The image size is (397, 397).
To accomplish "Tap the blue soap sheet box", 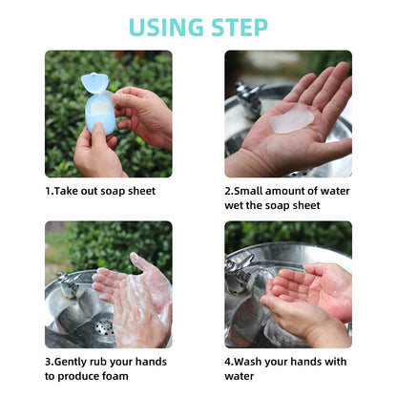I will [x=98, y=112].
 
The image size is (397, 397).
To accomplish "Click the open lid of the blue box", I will [x=94, y=83].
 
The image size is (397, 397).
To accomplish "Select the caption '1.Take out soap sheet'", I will [x=100, y=191].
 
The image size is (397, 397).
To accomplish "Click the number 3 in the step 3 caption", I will [x=49, y=362].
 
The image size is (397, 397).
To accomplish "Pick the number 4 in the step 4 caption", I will [x=228, y=362].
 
